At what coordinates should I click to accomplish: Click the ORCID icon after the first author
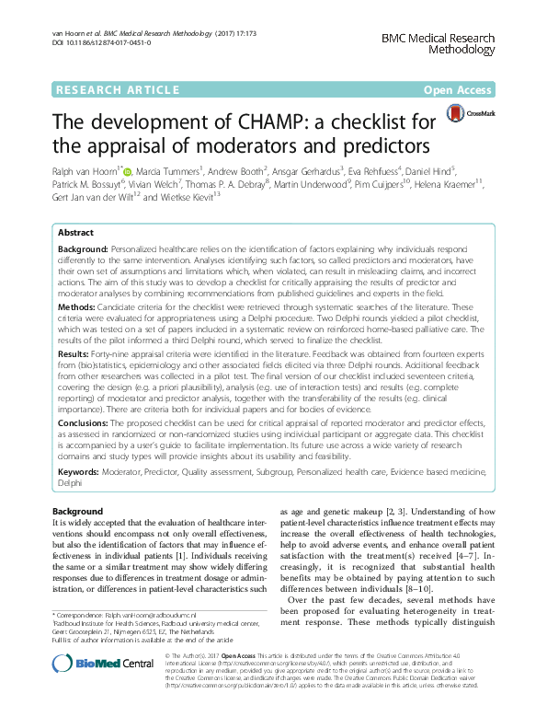[127, 171]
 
